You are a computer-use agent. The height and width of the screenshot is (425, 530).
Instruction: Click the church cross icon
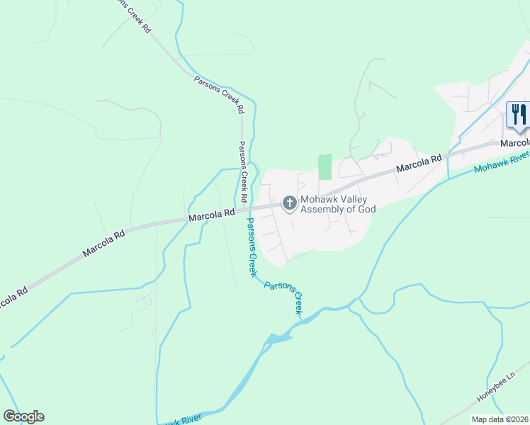pyautogui.click(x=289, y=203)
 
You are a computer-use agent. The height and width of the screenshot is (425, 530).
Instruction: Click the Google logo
pyautogui.click(x=23, y=416)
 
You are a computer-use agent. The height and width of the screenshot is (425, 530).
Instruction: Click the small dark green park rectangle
pyautogui.click(x=325, y=166)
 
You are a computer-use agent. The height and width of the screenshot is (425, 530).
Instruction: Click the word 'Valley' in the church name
pyautogui.click(x=351, y=199)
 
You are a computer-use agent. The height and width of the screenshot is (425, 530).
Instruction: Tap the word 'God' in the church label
pyautogui.click(x=366, y=209)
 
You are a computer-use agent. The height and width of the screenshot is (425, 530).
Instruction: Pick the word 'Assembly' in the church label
pyautogui.click(x=323, y=209)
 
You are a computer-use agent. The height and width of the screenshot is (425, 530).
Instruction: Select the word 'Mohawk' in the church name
pyautogui.click(x=318, y=199)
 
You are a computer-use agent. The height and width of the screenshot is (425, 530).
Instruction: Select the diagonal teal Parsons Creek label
pyautogui.click(x=284, y=297)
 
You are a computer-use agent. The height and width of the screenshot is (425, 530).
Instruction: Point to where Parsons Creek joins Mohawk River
pyautogui.click(x=303, y=320)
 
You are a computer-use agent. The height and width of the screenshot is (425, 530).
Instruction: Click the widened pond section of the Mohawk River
pyautogui.click(x=278, y=339)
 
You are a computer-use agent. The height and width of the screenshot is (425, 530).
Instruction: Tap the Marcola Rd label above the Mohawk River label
pyautogui.click(x=419, y=164)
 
